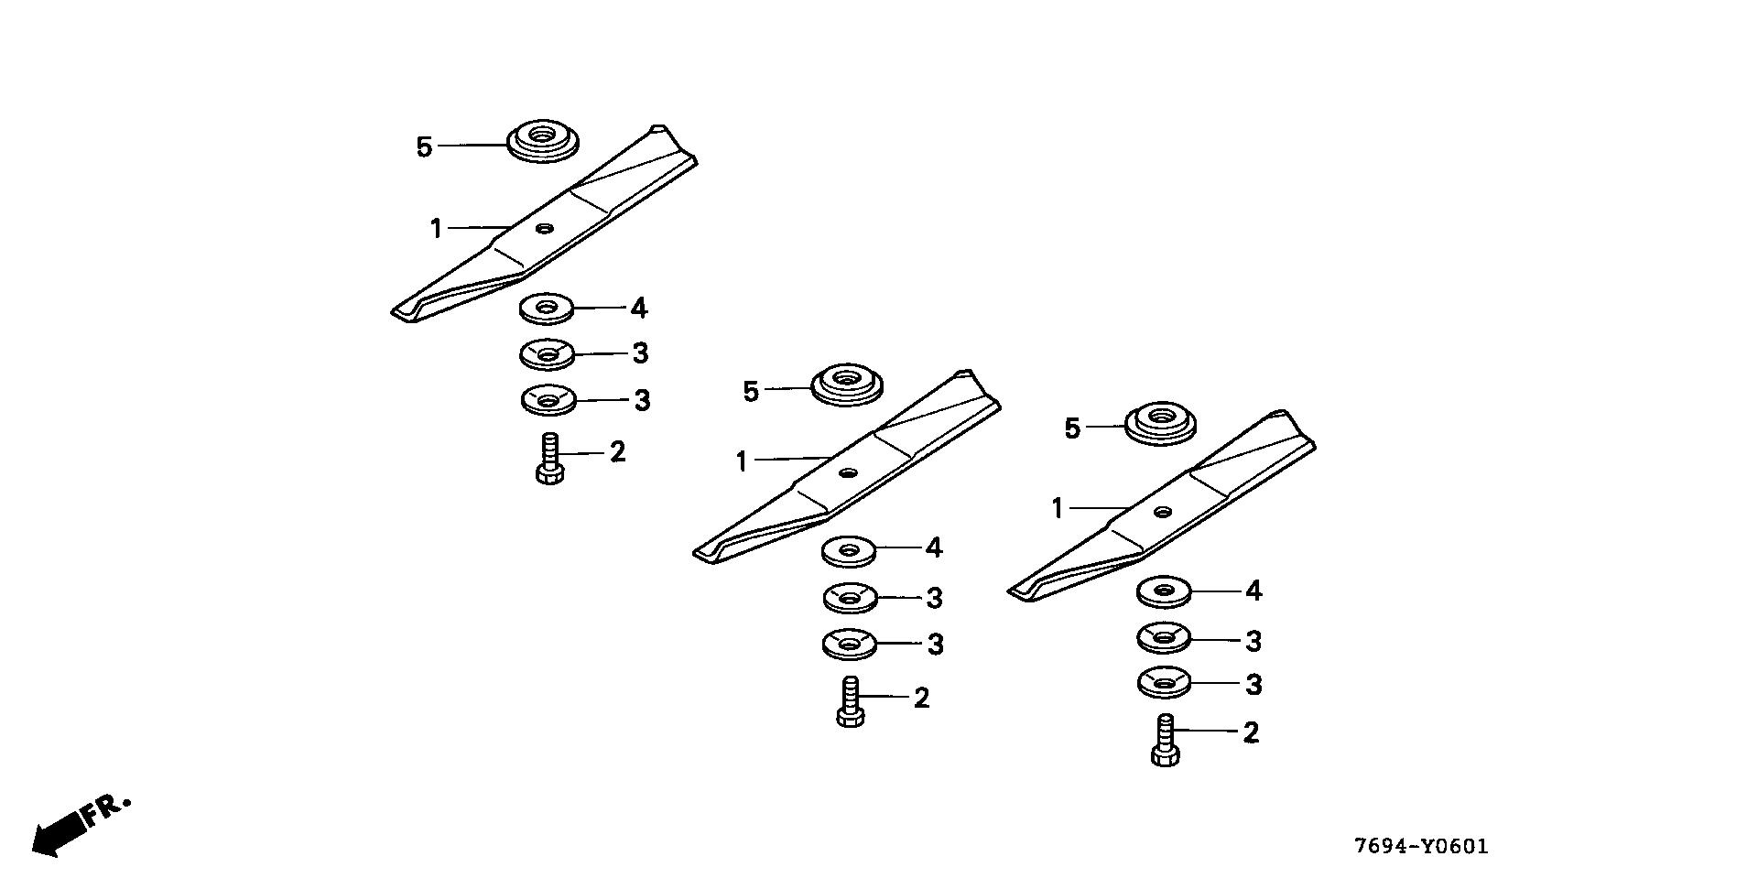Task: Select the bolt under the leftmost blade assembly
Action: tap(549, 459)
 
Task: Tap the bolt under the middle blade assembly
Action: tap(850, 701)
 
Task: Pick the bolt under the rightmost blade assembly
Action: tap(1165, 741)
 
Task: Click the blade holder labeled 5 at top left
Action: tap(544, 140)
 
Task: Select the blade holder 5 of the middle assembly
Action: tap(848, 384)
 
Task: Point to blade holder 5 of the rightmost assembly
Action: tap(1160, 423)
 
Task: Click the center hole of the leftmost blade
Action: tap(545, 228)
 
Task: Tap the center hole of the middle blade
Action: tap(849, 472)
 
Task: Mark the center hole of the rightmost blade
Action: tap(1163, 512)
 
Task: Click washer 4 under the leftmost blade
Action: tap(547, 309)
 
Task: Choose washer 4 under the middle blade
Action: tap(849, 551)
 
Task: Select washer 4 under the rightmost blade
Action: tap(1164, 592)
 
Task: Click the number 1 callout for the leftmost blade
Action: tap(437, 228)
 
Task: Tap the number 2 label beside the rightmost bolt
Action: tap(1251, 732)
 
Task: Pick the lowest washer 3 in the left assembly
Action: tap(548, 399)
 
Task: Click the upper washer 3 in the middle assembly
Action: tap(851, 598)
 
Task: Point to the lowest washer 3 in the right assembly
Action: tap(1164, 683)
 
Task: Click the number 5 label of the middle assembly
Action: tap(751, 392)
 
